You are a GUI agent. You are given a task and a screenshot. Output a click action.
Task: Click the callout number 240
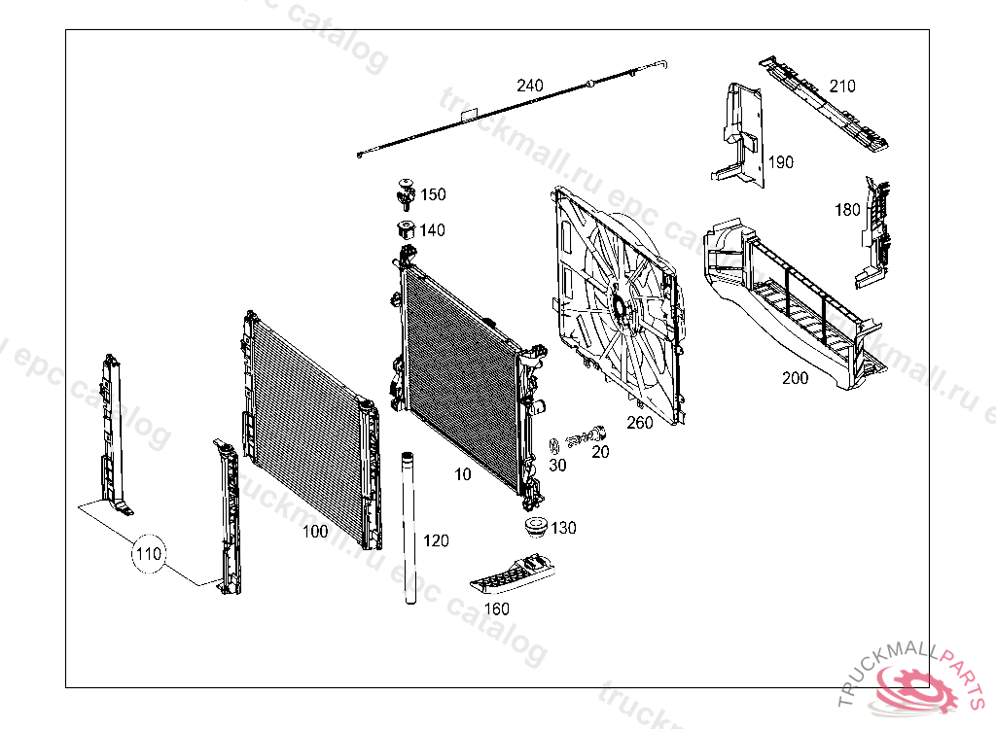(x=530, y=86)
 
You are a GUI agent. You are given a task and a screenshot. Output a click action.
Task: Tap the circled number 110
(x=149, y=555)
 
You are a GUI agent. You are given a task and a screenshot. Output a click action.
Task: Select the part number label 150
(x=433, y=194)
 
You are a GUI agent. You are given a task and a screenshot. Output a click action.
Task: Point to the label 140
(x=433, y=230)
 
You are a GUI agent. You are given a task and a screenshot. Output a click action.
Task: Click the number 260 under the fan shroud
(x=640, y=422)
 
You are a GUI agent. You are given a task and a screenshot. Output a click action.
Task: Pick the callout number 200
(x=795, y=378)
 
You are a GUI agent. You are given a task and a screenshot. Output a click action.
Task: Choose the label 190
(x=781, y=162)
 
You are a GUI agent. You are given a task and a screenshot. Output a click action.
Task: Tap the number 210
(x=842, y=86)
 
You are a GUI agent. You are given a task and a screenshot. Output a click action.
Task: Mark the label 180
(x=847, y=209)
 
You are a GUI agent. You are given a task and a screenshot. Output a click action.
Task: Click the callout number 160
(x=496, y=608)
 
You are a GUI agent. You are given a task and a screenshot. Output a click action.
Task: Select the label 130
(x=563, y=528)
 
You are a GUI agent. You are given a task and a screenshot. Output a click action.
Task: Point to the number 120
(x=436, y=540)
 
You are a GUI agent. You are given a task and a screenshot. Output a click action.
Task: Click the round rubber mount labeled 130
(x=533, y=527)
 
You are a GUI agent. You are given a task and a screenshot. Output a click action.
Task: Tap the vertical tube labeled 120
(x=409, y=530)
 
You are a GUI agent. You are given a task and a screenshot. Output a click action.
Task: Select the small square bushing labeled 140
(x=406, y=231)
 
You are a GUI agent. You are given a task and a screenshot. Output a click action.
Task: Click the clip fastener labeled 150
(x=404, y=193)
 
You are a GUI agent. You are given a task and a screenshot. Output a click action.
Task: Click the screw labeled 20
(x=587, y=435)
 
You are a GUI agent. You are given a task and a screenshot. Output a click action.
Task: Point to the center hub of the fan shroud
(x=619, y=308)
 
